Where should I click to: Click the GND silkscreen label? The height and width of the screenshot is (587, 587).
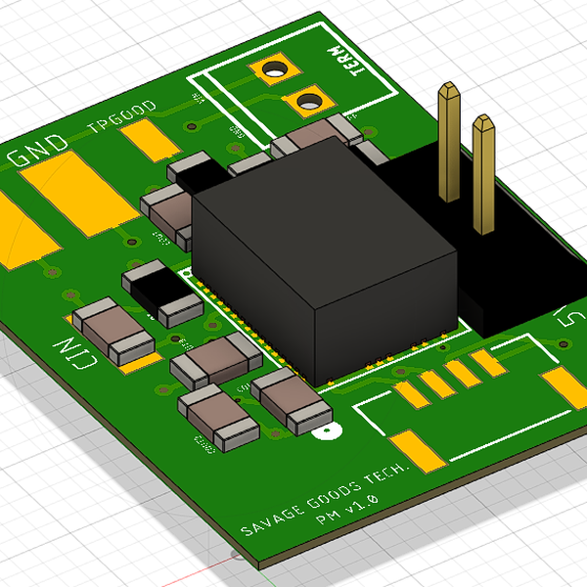[x=39, y=151]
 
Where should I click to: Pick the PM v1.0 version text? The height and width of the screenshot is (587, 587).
[x=344, y=513]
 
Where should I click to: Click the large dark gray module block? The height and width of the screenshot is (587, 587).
[x=323, y=259]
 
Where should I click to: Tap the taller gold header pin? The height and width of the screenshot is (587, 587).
[x=449, y=142]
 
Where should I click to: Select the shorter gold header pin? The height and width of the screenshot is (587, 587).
[x=483, y=176]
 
